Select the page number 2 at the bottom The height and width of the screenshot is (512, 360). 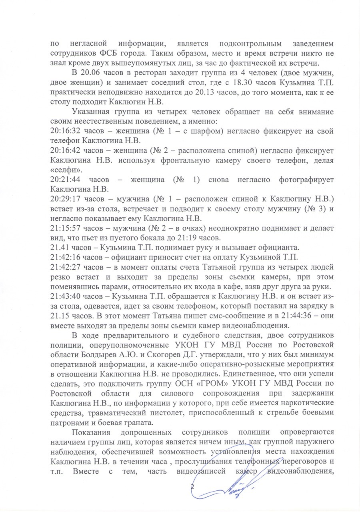click(x=192, y=487)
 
